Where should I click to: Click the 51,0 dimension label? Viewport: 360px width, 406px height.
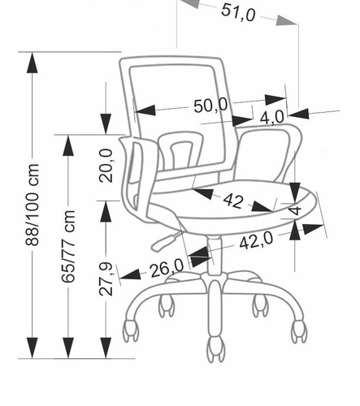(x=238, y=13)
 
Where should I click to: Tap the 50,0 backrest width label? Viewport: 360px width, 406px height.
(x=210, y=105)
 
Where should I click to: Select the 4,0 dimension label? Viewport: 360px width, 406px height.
(x=272, y=118)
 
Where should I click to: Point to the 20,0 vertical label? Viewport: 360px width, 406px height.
(x=106, y=166)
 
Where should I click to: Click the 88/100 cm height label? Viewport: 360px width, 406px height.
(x=33, y=205)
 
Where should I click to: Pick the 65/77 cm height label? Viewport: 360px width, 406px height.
(x=67, y=246)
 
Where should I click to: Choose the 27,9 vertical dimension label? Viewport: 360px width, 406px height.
(x=106, y=279)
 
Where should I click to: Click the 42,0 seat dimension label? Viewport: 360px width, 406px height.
(x=256, y=240)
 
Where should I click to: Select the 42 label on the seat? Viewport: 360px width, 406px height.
(x=233, y=201)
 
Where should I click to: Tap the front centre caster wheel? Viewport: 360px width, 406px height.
(x=216, y=348)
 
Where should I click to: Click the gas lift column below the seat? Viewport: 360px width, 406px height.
(x=215, y=256)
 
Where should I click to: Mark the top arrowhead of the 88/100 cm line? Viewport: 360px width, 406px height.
(x=33, y=63)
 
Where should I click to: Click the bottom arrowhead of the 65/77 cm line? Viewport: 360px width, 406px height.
(x=68, y=348)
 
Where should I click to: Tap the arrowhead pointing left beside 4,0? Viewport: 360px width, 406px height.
(x=298, y=114)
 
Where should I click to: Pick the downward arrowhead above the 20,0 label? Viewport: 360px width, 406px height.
(x=106, y=124)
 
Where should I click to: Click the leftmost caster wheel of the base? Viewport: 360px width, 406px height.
(x=131, y=330)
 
